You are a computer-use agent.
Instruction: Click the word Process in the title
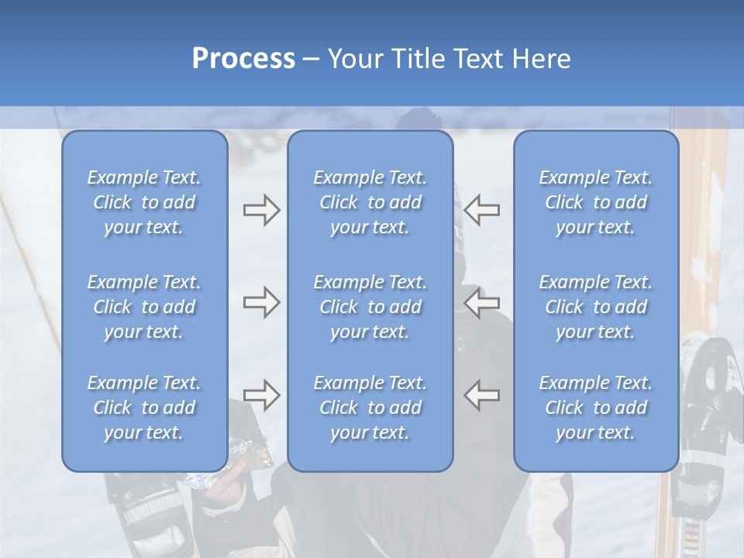coord(243,59)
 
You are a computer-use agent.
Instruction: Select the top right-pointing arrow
coord(261,210)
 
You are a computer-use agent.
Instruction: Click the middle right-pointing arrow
coord(261,302)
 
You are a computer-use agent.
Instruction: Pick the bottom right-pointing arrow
coord(261,395)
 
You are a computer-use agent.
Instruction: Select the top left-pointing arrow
coord(482,210)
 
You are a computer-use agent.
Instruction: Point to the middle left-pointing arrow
coord(482,302)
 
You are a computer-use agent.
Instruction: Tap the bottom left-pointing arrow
coord(482,395)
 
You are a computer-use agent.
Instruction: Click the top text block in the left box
coord(144,202)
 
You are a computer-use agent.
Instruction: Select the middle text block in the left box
coord(144,307)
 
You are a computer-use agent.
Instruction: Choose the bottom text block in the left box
coord(144,408)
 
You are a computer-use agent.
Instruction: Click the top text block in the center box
coord(370,202)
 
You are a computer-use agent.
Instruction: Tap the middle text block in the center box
coord(370,307)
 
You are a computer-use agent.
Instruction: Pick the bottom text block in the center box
coord(370,408)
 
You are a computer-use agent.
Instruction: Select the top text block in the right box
coord(596,202)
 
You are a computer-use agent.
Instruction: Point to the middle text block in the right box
coord(596,307)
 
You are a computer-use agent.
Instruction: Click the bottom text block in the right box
coord(596,408)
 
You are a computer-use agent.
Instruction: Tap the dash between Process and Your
coord(312,60)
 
